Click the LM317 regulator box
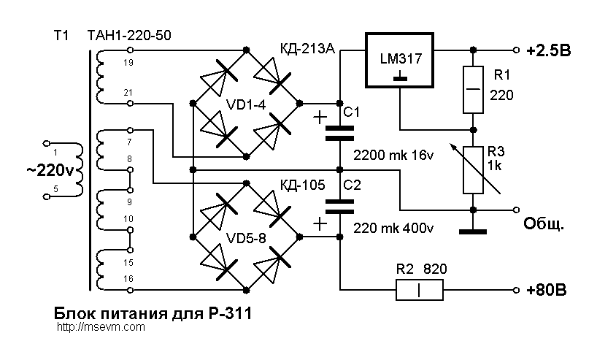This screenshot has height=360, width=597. [398, 60]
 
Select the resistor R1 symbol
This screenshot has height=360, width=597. [473, 89]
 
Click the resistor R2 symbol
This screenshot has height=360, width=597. [419, 290]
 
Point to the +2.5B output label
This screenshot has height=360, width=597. [549, 50]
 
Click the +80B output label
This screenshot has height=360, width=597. [546, 291]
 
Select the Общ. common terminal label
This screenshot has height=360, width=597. [544, 223]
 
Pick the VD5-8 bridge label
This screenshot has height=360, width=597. [247, 239]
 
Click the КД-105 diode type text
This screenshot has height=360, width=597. [302, 185]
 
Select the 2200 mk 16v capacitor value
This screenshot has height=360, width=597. [393, 156]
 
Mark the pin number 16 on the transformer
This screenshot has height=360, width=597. [130, 279]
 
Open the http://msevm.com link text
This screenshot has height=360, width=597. [100, 328]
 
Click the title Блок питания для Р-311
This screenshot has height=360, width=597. [153, 314]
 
